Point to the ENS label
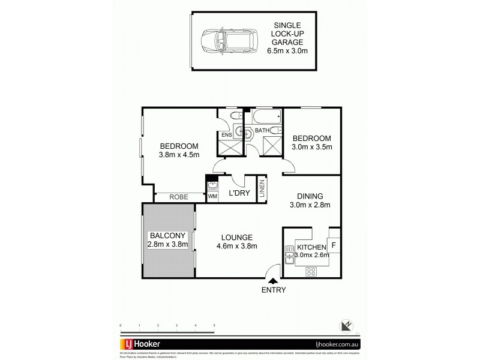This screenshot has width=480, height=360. (226, 136)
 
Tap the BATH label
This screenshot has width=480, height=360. (262, 130)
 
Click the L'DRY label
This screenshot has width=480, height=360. (239, 193)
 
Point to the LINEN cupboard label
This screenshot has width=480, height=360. (262, 188)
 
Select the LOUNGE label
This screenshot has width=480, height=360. (236, 236)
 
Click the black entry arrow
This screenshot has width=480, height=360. (273, 280)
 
